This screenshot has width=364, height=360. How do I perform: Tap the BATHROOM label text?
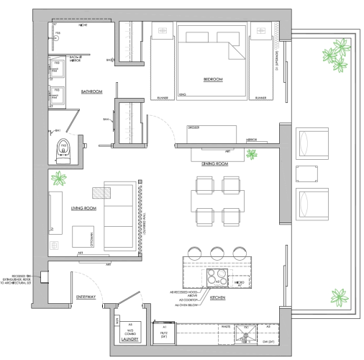(91, 91)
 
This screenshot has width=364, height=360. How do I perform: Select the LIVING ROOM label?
(83, 209)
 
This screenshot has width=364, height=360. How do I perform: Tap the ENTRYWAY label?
(86, 297)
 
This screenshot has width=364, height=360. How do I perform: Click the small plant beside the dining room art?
(252, 153)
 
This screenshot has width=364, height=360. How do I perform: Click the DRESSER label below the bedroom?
(192, 127)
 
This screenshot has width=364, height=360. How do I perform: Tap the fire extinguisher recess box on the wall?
(45, 274)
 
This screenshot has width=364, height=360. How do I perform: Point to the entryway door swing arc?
(90, 279)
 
